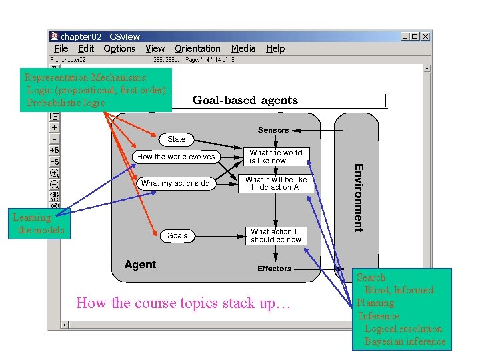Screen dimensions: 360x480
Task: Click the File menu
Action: [x=61, y=49]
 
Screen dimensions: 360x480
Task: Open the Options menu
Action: [x=120, y=49]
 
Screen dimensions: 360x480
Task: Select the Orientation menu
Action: [x=197, y=49]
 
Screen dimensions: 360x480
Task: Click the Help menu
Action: [x=275, y=49]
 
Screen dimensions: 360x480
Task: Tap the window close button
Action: [x=425, y=37]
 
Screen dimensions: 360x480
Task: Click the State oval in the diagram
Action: [x=177, y=139]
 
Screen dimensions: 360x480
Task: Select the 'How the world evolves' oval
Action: [x=176, y=157]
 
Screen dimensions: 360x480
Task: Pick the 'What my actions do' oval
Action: [x=177, y=183]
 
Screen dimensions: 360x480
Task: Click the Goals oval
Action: [x=177, y=235]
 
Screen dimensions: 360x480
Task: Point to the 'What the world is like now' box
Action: [x=276, y=157]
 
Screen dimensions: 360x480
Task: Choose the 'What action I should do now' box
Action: [x=276, y=235]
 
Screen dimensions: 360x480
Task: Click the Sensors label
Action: [x=274, y=130]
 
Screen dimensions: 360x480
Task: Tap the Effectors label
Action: [x=275, y=269]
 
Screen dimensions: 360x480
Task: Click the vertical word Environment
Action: [x=359, y=197]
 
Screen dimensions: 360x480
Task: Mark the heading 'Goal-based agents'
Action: [x=245, y=101]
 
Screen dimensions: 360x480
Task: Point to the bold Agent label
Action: [x=140, y=265]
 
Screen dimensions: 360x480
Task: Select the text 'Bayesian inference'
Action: [x=405, y=341]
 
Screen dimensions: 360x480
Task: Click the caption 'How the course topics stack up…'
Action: [x=184, y=303]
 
